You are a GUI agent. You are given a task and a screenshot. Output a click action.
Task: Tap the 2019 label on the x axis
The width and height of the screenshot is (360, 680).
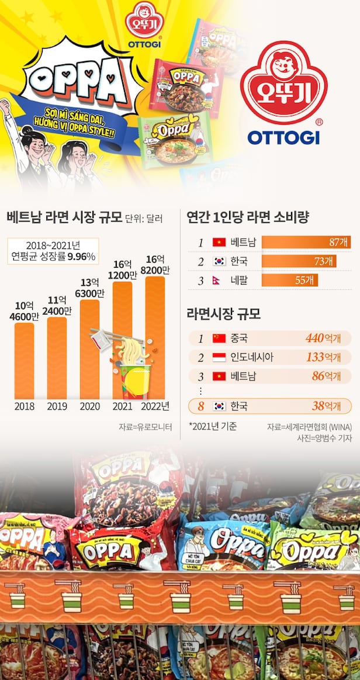click(57, 406)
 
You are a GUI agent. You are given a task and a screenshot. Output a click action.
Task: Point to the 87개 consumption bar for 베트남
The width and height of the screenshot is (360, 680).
click(306, 242)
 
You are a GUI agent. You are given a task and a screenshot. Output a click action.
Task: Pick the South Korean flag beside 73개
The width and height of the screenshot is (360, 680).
click(219, 261)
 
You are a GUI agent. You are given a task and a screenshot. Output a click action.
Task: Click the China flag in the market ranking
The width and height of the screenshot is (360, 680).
click(219, 338)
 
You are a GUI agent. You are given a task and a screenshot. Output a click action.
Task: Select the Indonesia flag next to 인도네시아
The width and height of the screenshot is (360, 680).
click(219, 357)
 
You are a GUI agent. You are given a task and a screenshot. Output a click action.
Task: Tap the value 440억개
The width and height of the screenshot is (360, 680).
click(323, 338)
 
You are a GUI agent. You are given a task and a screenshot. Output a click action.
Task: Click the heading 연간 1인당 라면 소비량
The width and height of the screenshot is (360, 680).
click(247, 218)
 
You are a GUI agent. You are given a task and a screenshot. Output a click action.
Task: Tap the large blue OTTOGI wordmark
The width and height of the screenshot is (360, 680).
click(283, 137)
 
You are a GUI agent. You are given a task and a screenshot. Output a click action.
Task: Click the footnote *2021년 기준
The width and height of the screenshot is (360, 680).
click(212, 426)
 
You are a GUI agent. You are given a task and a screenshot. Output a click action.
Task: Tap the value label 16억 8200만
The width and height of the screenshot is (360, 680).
click(157, 265)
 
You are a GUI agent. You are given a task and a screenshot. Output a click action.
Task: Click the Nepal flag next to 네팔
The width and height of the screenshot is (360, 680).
click(219, 281)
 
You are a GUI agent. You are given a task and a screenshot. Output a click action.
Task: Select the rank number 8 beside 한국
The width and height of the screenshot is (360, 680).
click(200, 406)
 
